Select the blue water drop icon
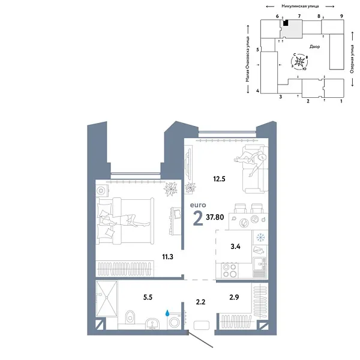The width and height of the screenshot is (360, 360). (168, 313)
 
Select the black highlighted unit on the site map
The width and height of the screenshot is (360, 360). (287, 23)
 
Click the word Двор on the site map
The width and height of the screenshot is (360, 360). (314, 46)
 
